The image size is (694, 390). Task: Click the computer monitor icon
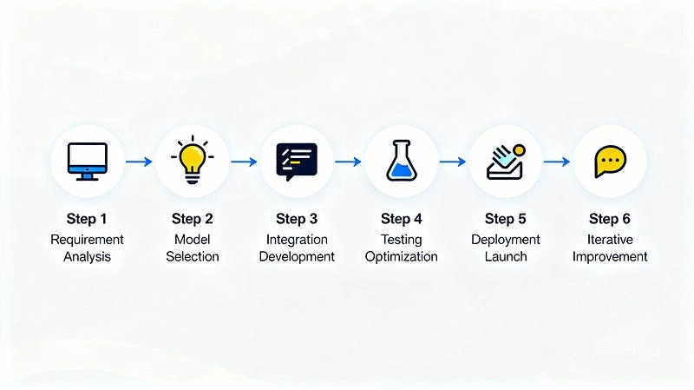pos(87,161)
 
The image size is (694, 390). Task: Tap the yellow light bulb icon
pos(192,160)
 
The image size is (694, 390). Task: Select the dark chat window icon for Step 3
pos(297,161)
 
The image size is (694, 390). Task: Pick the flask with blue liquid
pos(401,161)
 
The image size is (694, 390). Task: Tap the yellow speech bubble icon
pos(611,162)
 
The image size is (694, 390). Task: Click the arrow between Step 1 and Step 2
pos(139,162)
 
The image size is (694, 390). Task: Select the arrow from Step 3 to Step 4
pos(349,162)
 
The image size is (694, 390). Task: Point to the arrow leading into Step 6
pos(558,162)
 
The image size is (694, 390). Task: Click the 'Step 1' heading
pos(87,219)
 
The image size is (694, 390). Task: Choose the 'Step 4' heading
pos(401,219)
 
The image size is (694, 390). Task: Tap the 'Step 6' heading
pos(610,219)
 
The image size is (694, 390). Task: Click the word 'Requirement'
pos(87,240)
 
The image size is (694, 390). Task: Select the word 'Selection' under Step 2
pos(193,257)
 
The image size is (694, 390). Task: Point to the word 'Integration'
pos(297,240)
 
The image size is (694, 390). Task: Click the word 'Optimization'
pos(401,257)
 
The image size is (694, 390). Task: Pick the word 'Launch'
pos(506,257)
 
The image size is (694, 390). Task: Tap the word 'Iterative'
pos(610,240)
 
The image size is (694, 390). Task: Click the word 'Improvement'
pos(610,257)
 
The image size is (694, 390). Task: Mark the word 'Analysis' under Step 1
pos(87,257)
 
